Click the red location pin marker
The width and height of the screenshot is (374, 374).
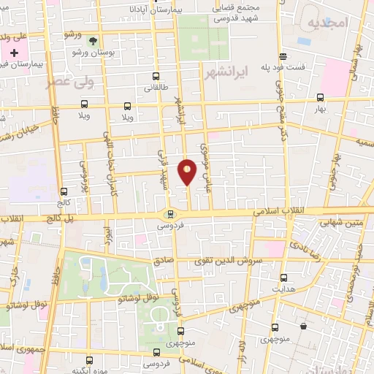click(188, 171)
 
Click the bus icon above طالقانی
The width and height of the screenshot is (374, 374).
click(156, 76)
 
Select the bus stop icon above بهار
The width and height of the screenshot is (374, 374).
click(319, 96)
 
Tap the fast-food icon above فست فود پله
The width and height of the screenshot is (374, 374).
click(283, 56)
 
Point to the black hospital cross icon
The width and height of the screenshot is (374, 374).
click(15, 53)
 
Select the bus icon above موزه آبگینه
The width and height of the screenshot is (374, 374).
click(89, 360)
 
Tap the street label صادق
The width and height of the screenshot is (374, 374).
click(163, 260)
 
